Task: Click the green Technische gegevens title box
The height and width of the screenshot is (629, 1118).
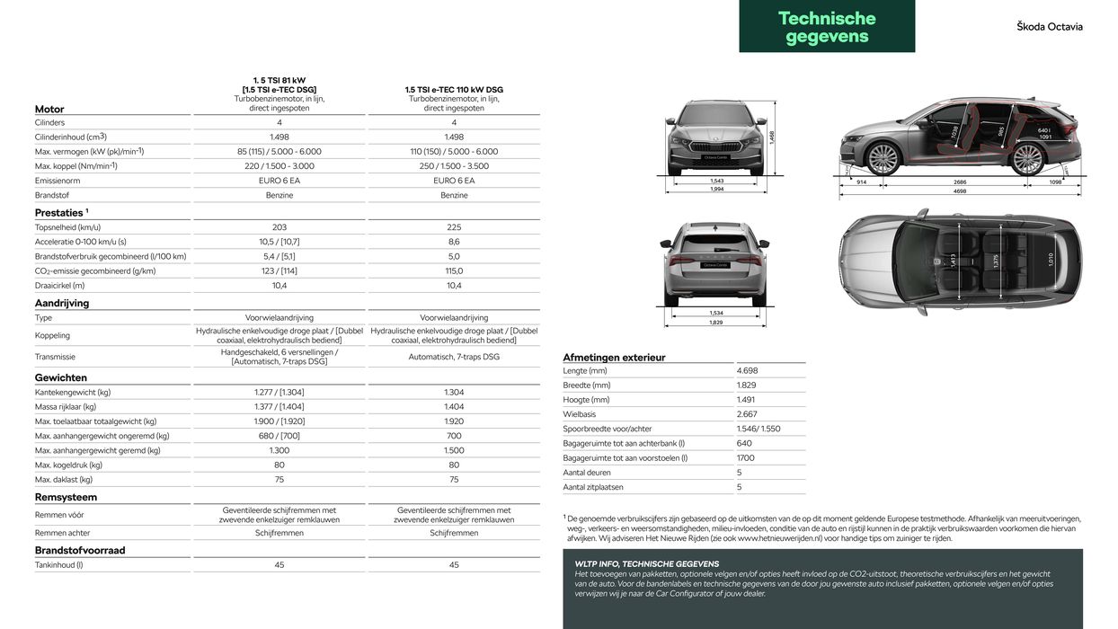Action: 827,27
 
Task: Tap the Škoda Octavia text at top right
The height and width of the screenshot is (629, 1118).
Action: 1049,27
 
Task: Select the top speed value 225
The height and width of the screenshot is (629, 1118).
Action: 454,227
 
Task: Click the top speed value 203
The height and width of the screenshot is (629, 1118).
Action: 279,227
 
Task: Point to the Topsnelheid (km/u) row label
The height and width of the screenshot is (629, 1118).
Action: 67,227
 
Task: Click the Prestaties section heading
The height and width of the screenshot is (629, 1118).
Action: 61,213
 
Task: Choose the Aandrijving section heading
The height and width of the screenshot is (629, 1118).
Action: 62,304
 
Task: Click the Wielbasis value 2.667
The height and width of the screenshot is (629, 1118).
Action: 746,414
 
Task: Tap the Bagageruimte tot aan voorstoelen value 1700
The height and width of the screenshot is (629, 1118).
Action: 745,458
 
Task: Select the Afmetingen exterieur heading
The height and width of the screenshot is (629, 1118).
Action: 614,358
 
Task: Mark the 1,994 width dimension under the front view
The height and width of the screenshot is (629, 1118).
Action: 717,190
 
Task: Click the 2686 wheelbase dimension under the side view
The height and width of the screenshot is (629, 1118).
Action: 959,182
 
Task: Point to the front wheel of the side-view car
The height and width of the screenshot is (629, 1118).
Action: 883,159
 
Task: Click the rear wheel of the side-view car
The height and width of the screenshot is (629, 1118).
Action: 1027,159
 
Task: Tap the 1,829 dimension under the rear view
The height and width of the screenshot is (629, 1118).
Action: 716,323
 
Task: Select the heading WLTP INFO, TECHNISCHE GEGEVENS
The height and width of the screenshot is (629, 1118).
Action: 646,564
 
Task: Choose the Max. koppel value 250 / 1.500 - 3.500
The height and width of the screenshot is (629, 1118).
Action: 454,166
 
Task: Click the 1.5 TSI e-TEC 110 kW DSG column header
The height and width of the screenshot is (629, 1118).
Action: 454,90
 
